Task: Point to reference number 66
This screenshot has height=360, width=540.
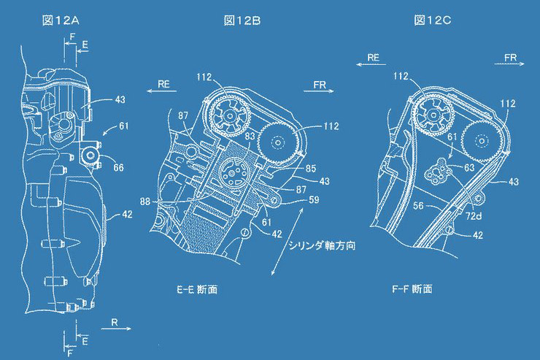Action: pyautogui.click(x=118, y=168)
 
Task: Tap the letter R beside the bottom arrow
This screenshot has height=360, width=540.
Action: pyautogui.click(x=115, y=321)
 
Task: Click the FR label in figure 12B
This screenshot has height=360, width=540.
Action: pyautogui.click(x=320, y=85)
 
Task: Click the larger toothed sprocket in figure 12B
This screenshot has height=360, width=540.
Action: pyautogui.click(x=226, y=113)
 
